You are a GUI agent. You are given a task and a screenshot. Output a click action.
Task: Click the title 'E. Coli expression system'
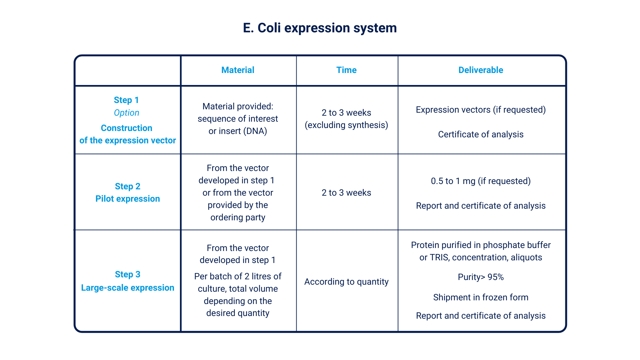[320, 28]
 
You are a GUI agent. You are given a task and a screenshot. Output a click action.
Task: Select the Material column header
[238, 70]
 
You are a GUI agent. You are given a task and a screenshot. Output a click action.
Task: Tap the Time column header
[346, 70]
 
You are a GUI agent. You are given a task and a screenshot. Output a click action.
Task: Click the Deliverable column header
[481, 70]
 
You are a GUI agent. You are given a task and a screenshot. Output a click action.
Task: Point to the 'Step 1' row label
[126, 100]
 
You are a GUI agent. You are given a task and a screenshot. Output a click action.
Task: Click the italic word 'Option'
[126, 113]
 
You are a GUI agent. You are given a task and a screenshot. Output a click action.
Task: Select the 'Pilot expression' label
[128, 199]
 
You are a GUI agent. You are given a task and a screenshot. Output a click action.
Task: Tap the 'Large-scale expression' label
[128, 288]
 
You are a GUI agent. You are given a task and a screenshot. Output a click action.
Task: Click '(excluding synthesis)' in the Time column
[346, 125]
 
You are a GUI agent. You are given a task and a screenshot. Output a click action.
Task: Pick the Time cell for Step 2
[346, 193]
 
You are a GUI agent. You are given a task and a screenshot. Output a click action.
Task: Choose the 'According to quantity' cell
[346, 282]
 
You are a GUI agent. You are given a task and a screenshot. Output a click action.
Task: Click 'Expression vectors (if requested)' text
[481, 110]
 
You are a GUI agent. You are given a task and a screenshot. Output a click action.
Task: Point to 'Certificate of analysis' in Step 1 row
[481, 134]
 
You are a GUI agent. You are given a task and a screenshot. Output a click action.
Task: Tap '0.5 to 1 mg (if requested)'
[481, 181]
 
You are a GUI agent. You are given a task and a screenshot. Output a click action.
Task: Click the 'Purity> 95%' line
[481, 277]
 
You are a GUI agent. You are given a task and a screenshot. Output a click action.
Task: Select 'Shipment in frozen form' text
[481, 297]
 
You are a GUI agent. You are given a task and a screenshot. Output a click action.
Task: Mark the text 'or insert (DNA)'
[238, 131]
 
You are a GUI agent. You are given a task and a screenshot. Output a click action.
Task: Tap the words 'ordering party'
[238, 218]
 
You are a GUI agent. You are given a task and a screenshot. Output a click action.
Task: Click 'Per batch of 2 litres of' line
[238, 276]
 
